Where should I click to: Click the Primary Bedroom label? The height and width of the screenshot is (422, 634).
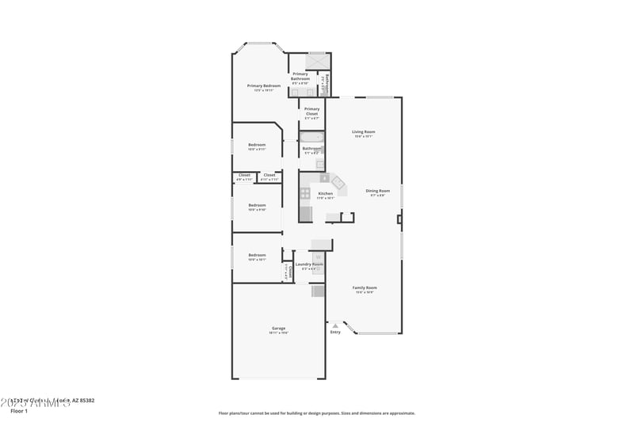(x=264, y=86)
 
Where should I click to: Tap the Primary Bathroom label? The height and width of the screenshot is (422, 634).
(x=300, y=76)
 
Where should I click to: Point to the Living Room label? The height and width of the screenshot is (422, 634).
(x=364, y=131)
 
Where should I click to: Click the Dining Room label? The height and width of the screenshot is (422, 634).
(x=377, y=190)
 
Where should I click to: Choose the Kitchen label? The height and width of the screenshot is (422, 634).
(x=326, y=193)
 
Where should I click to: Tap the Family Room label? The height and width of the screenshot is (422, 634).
(x=365, y=287)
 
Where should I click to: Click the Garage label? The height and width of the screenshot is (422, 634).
(x=278, y=328)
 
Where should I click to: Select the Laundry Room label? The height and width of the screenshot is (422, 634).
(x=309, y=264)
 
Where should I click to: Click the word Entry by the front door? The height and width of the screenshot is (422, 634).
(x=335, y=332)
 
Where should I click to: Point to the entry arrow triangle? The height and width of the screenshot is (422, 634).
(x=335, y=325)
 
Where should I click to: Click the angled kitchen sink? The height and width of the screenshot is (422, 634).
(x=339, y=184)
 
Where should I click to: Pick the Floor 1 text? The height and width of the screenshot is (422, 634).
(x=19, y=411)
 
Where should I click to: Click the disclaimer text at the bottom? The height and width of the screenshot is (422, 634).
(x=316, y=412)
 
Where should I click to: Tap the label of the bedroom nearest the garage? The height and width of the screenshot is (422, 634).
(x=257, y=255)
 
